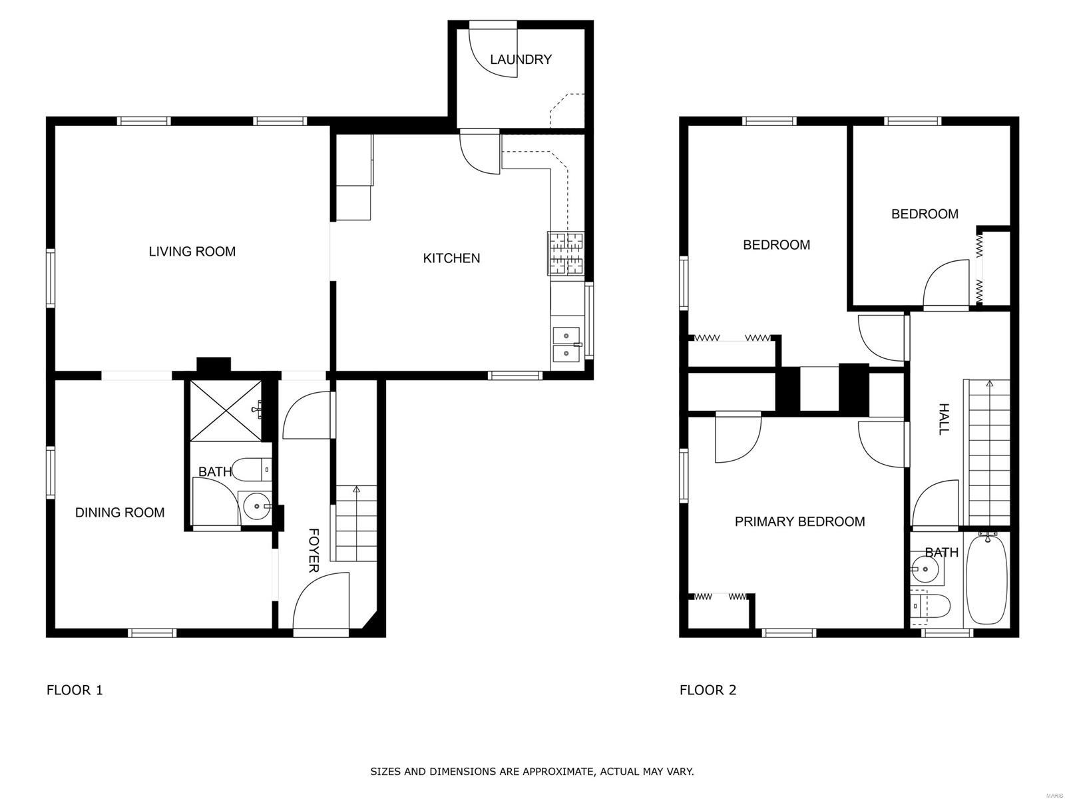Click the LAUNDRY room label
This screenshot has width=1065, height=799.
pos(521,60)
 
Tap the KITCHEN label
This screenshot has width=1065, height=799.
pos(451,258)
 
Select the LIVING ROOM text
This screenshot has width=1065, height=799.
pos(192,251)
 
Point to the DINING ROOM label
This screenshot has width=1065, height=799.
pos(120,512)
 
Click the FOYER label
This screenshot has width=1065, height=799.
pos(314,551)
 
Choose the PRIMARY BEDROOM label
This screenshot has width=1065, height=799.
pos(799,521)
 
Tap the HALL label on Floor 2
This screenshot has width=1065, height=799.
pos(943,419)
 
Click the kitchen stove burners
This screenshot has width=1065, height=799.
pos(566,254)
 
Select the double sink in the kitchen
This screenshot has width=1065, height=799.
pos(566,342)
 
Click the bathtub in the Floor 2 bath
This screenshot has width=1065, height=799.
pos(986,579)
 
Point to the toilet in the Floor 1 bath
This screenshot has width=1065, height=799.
pos(252,469)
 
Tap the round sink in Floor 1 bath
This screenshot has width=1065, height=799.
pos(256,507)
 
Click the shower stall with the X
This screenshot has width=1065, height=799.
pos(226,410)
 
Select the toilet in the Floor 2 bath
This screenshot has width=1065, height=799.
pos(930,606)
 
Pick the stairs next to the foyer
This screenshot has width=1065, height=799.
pos(356,523)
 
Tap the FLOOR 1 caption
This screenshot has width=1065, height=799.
pos(75,690)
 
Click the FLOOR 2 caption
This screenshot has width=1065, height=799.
pos(708,690)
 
